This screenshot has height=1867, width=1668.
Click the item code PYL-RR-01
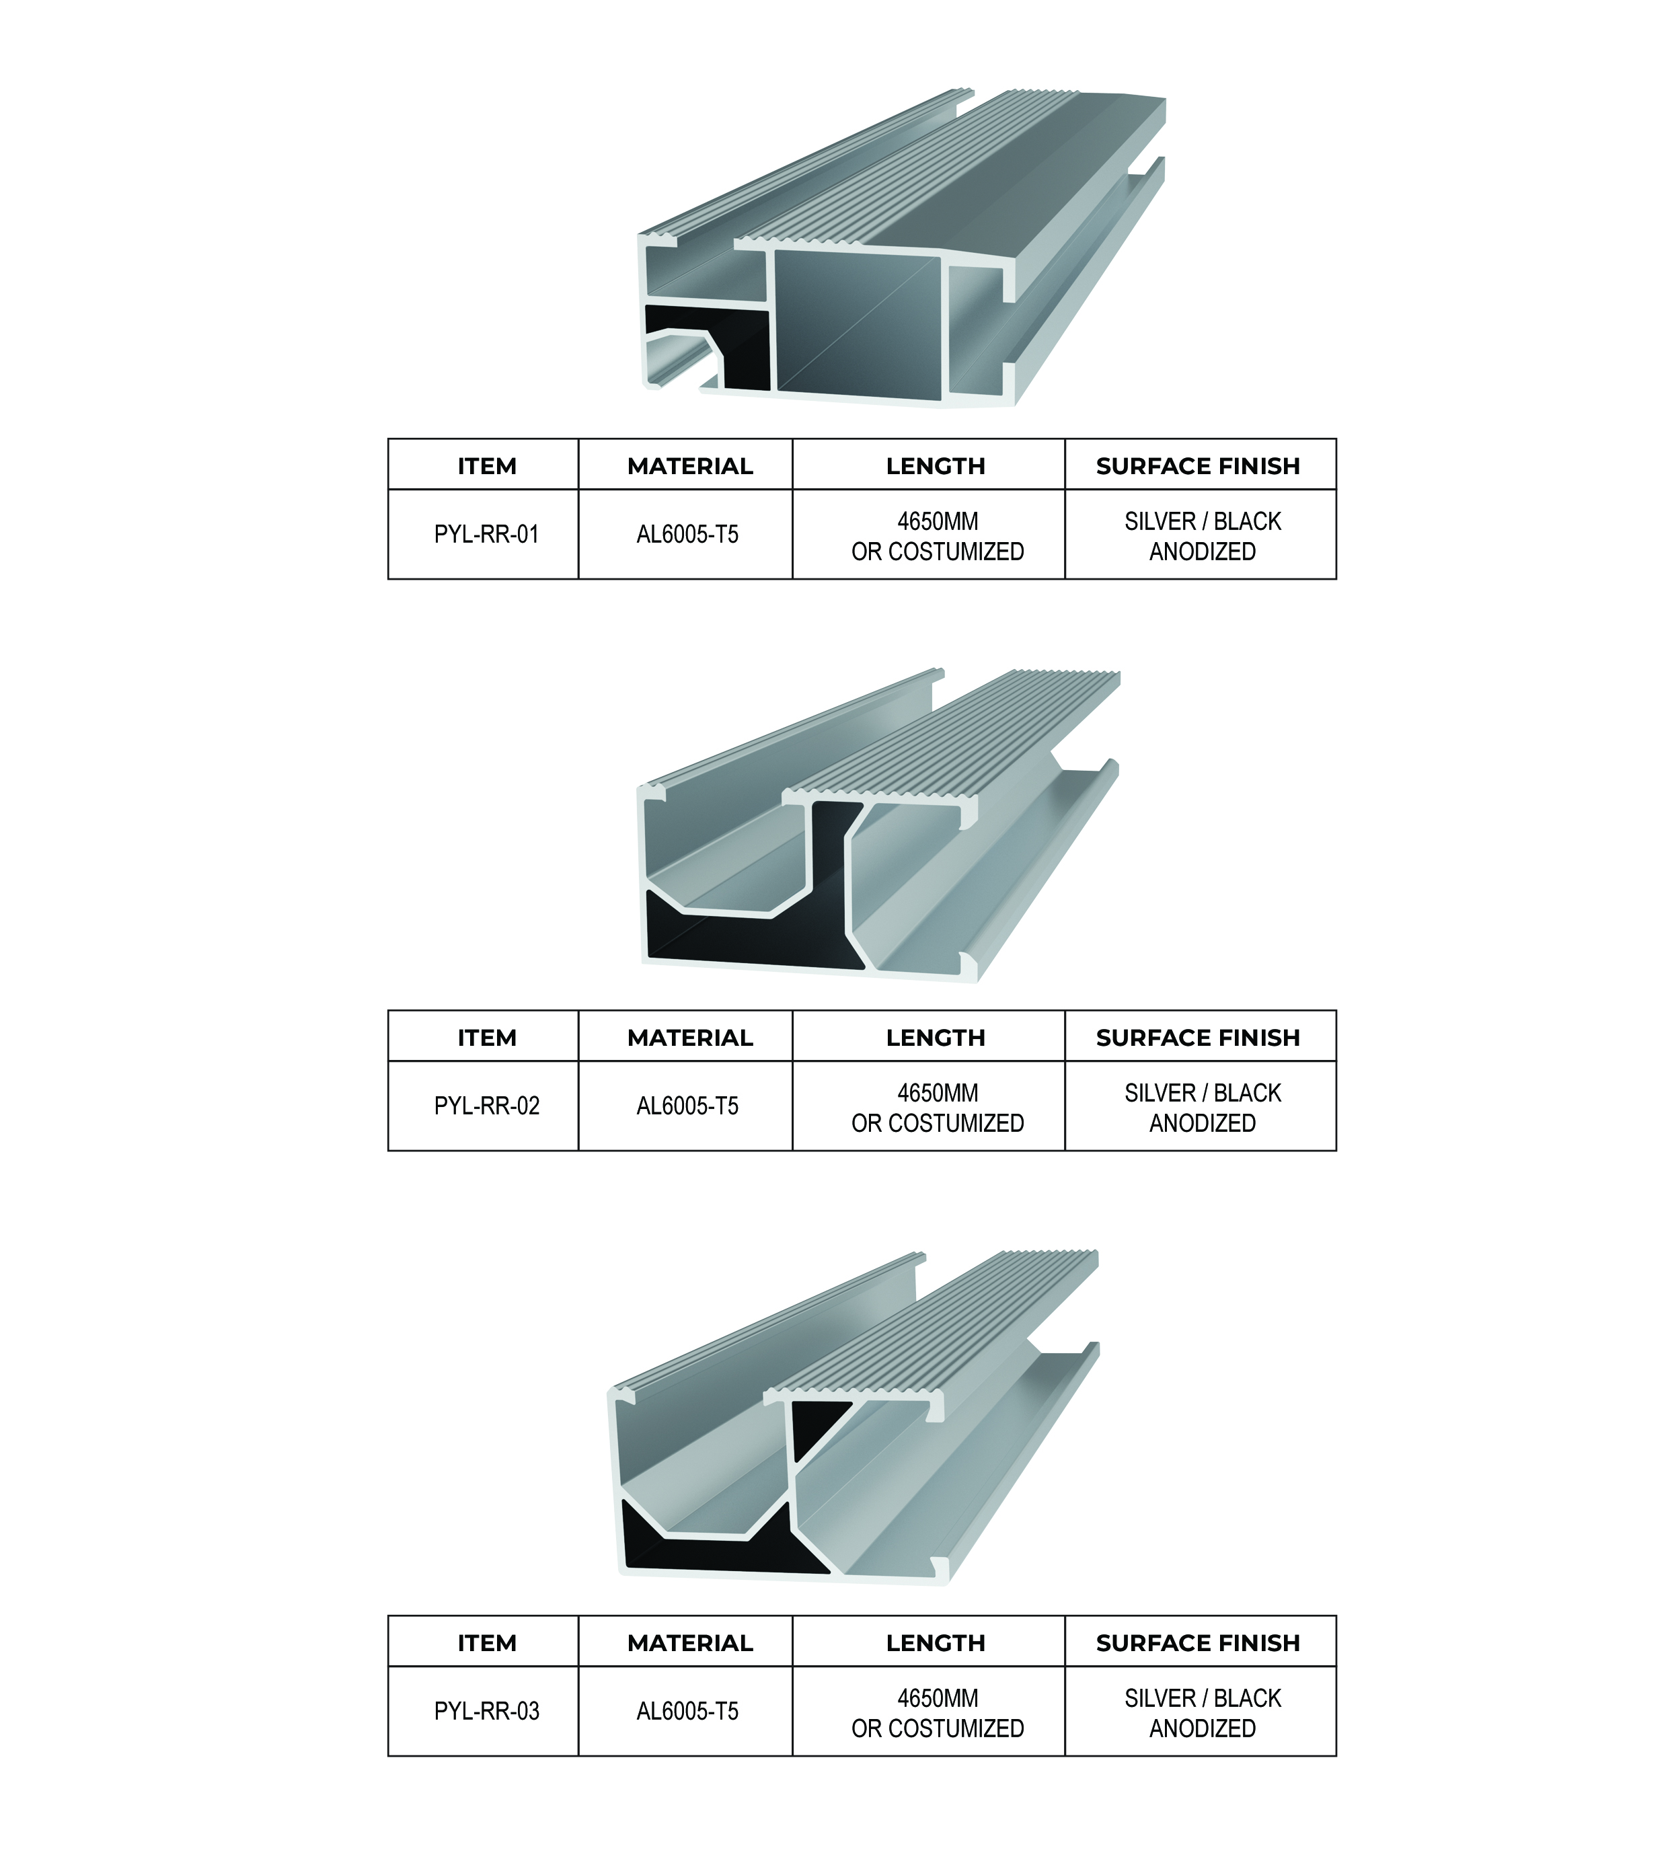[x=487, y=535]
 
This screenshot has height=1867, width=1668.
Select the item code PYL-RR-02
[x=487, y=1106]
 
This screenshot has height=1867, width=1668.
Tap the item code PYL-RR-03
[x=487, y=1711]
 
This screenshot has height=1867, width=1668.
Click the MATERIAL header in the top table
[x=690, y=467]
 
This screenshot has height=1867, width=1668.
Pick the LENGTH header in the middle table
[x=936, y=1038]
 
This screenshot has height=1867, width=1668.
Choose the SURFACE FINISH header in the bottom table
[x=1199, y=1643]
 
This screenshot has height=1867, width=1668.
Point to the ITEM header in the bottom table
[x=487, y=1643]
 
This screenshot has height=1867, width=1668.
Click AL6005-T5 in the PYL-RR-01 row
[x=687, y=535]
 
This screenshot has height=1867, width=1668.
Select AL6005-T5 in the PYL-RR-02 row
[x=687, y=1106]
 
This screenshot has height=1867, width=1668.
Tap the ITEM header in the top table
[x=487, y=467]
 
